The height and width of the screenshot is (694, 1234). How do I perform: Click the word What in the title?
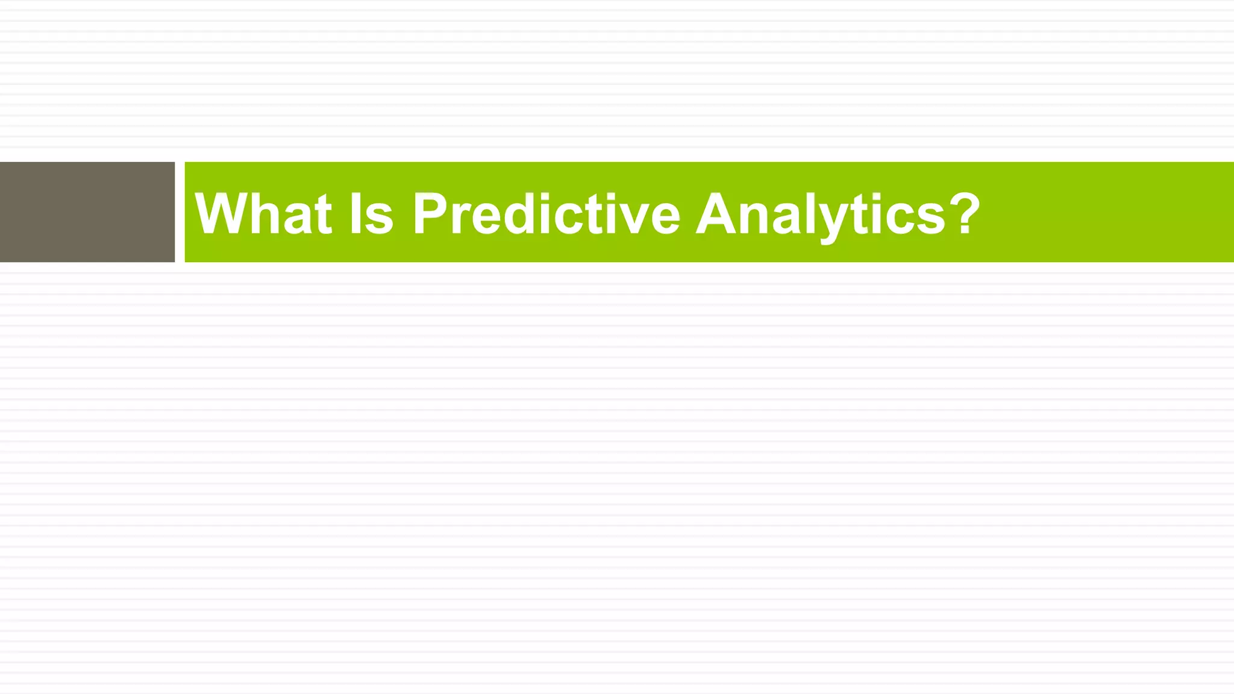[x=263, y=213]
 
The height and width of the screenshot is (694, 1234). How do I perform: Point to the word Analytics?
[x=820, y=213]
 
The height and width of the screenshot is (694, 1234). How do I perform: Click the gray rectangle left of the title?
[x=87, y=212]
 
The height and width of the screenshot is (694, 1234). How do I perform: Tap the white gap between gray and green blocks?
[x=180, y=212]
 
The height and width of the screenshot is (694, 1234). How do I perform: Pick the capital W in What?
[x=221, y=213]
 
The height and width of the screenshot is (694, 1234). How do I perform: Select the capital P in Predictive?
[x=430, y=213]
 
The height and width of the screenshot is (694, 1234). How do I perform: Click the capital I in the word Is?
[x=355, y=213]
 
